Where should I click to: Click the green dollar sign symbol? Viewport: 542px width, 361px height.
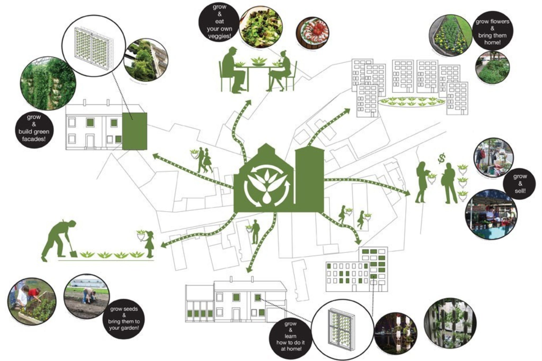tap(441, 159)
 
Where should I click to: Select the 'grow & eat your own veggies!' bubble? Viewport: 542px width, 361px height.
tap(219, 22)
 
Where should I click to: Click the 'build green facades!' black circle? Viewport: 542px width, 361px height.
tap(34, 128)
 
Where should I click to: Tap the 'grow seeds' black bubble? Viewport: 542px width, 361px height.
tap(124, 318)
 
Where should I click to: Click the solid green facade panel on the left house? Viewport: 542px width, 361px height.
tap(134, 131)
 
